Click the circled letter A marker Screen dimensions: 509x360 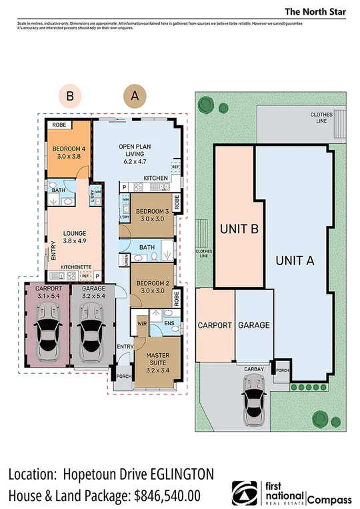(135, 96)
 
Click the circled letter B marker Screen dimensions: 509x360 (69, 96)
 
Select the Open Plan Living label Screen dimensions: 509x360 (135, 153)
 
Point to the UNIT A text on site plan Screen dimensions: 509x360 (295, 260)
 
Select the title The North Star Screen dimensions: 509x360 (313, 11)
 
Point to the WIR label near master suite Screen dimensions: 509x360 (141, 323)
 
